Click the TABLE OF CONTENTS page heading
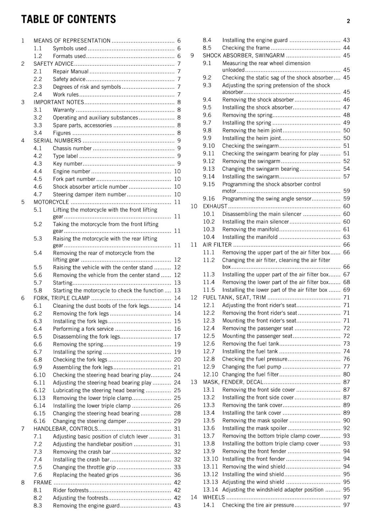69,19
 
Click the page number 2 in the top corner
348,21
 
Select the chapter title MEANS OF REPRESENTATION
72,41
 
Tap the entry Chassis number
72,148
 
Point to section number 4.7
38,194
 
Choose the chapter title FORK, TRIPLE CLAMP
61,298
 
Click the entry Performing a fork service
83,329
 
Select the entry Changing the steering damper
89,421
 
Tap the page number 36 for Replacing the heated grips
177,475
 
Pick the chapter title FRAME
43,483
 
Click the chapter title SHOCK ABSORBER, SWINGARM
244,56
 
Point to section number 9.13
208,169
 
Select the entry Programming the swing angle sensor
267,199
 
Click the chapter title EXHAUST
215,206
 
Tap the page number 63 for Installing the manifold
346,237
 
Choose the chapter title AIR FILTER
217,245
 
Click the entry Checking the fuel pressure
254,359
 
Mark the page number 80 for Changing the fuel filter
346,374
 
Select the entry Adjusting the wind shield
253,482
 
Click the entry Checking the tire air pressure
258,505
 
